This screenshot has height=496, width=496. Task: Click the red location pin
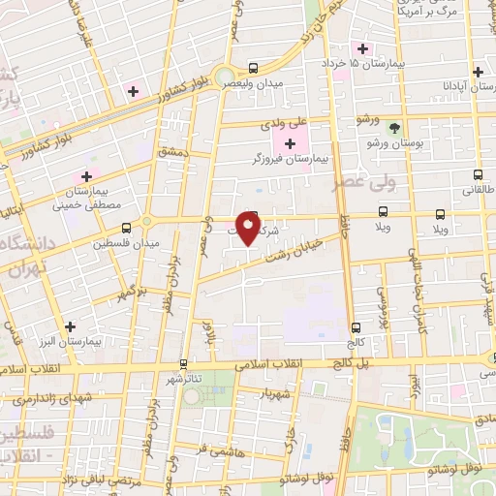coord(249,229)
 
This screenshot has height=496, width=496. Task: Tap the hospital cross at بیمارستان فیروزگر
coord(290,143)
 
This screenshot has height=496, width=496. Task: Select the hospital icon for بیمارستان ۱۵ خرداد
coord(362,49)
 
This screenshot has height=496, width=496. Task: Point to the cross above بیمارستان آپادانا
coord(477,72)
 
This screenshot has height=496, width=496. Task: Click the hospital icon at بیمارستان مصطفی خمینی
coord(86,176)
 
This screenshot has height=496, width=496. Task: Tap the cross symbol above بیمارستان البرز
coord(69,327)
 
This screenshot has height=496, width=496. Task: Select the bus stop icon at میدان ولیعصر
coord(253,68)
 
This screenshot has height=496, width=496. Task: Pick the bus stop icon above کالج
coord(356,327)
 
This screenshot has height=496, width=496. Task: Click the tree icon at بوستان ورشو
coord(393,129)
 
